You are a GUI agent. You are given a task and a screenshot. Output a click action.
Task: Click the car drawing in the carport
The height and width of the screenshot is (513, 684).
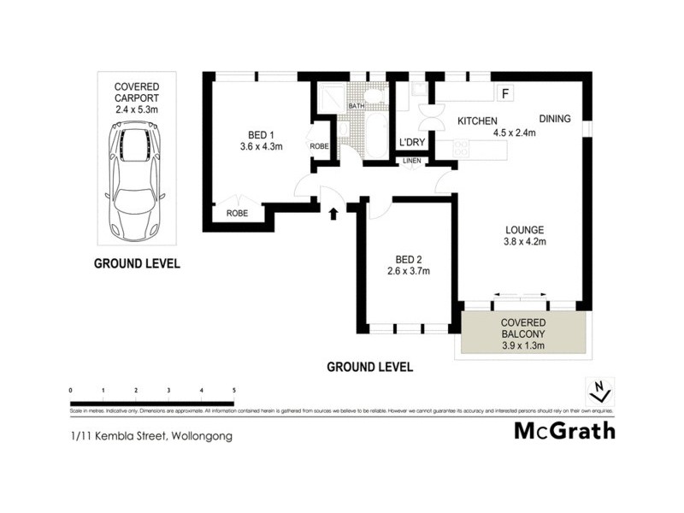(x=135, y=180)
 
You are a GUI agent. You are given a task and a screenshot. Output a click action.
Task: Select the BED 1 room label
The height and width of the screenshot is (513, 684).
(x=261, y=135)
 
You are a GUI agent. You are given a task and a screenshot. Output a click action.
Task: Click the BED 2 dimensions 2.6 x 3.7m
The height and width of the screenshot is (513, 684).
(x=407, y=272)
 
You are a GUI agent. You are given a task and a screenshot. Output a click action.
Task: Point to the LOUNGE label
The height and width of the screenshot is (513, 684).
(x=524, y=229)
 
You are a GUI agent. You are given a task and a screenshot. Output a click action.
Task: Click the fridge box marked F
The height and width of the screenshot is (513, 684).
(x=504, y=93)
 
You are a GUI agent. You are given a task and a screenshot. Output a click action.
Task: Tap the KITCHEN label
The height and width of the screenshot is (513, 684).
(x=477, y=121)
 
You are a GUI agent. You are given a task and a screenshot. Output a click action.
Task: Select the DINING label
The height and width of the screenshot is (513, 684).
(x=554, y=119)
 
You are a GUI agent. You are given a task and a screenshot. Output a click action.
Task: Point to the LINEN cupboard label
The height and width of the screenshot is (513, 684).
(x=411, y=160)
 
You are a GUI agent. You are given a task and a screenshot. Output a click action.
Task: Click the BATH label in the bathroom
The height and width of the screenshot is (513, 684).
(x=356, y=105)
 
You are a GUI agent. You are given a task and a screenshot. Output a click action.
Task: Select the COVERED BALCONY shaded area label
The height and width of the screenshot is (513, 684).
(x=522, y=333)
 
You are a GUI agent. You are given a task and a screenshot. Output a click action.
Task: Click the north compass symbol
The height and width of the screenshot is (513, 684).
(x=600, y=391)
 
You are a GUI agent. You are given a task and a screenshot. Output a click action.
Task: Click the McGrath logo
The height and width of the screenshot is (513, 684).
(x=563, y=430)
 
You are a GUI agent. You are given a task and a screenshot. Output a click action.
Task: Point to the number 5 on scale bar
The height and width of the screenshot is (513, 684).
(x=233, y=391)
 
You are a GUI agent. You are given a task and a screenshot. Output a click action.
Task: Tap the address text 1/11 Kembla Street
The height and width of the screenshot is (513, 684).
(x=150, y=435)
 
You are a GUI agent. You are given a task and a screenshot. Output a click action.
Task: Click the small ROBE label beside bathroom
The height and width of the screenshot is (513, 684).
(x=319, y=146)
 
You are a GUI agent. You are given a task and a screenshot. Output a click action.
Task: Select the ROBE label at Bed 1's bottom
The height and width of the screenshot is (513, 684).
(x=237, y=213)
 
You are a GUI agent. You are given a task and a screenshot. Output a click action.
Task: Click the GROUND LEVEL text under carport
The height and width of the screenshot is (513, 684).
(x=136, y=263)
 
